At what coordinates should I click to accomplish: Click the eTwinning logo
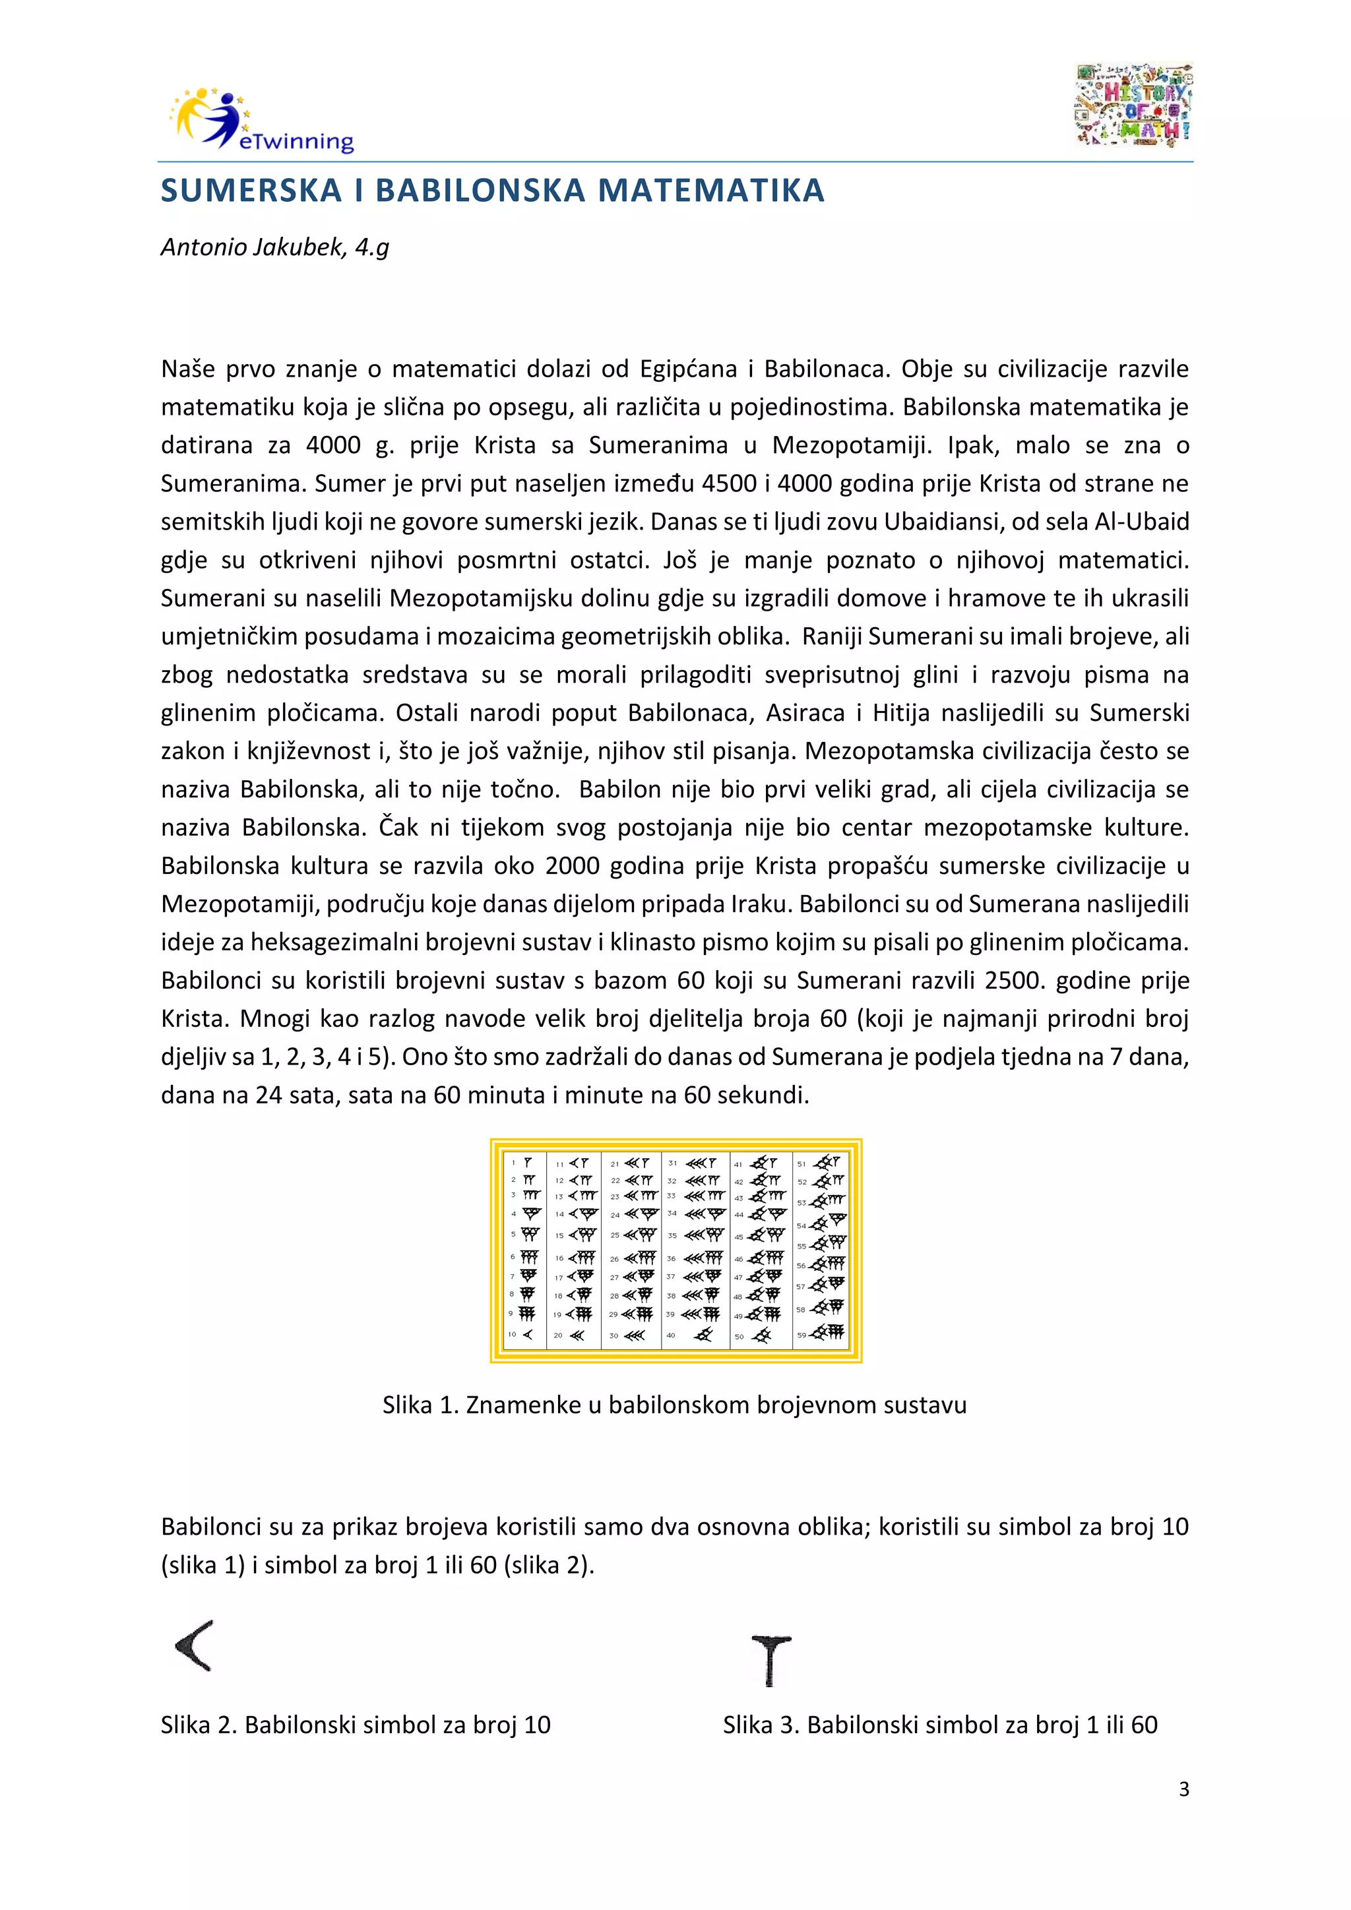click(261, 120)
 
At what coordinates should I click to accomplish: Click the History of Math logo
click(1134, 106)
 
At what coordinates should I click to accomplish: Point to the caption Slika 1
click(674, 1405)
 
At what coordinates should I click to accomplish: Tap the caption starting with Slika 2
click(355, 1725)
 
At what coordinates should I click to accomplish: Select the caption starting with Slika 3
click(940, 1725)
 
